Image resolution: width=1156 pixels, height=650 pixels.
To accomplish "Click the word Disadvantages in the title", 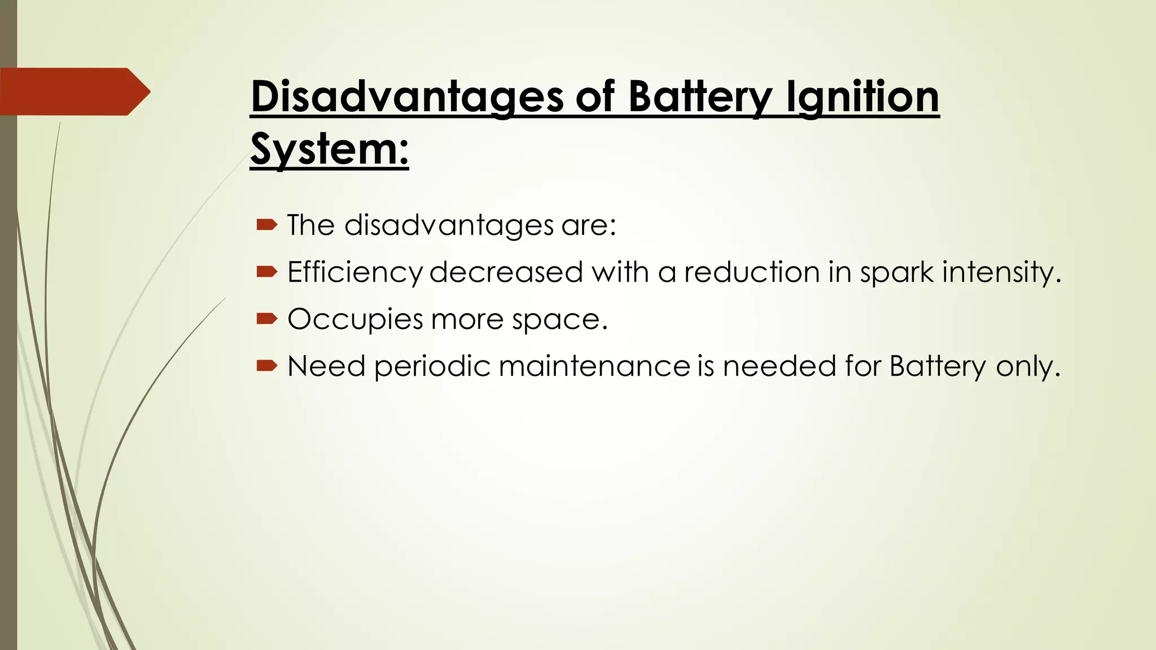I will tap(407, 96).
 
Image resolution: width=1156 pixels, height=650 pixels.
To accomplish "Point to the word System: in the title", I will tap(329, 149).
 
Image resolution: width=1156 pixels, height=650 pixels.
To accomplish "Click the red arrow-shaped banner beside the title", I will tap(73, 91).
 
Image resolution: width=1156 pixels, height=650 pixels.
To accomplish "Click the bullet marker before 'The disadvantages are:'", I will tap(266, 226).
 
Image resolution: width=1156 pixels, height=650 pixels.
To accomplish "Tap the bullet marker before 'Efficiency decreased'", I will tap(266, 273).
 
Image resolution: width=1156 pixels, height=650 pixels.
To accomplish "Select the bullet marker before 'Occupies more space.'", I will tap(266, 319).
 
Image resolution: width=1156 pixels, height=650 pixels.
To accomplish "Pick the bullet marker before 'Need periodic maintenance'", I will tap(266, 366).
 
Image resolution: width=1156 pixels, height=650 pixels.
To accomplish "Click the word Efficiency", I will tap(354, 273).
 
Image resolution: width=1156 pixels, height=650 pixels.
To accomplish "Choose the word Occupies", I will tap(355, 319).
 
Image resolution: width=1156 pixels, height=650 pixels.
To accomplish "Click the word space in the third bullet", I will tap(556, 319).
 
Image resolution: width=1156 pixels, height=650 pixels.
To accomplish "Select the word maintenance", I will tap(594, 366).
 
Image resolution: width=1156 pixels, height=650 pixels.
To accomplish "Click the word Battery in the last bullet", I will tap(938, 366).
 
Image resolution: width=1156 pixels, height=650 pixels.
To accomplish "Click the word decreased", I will tap(506, 273).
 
